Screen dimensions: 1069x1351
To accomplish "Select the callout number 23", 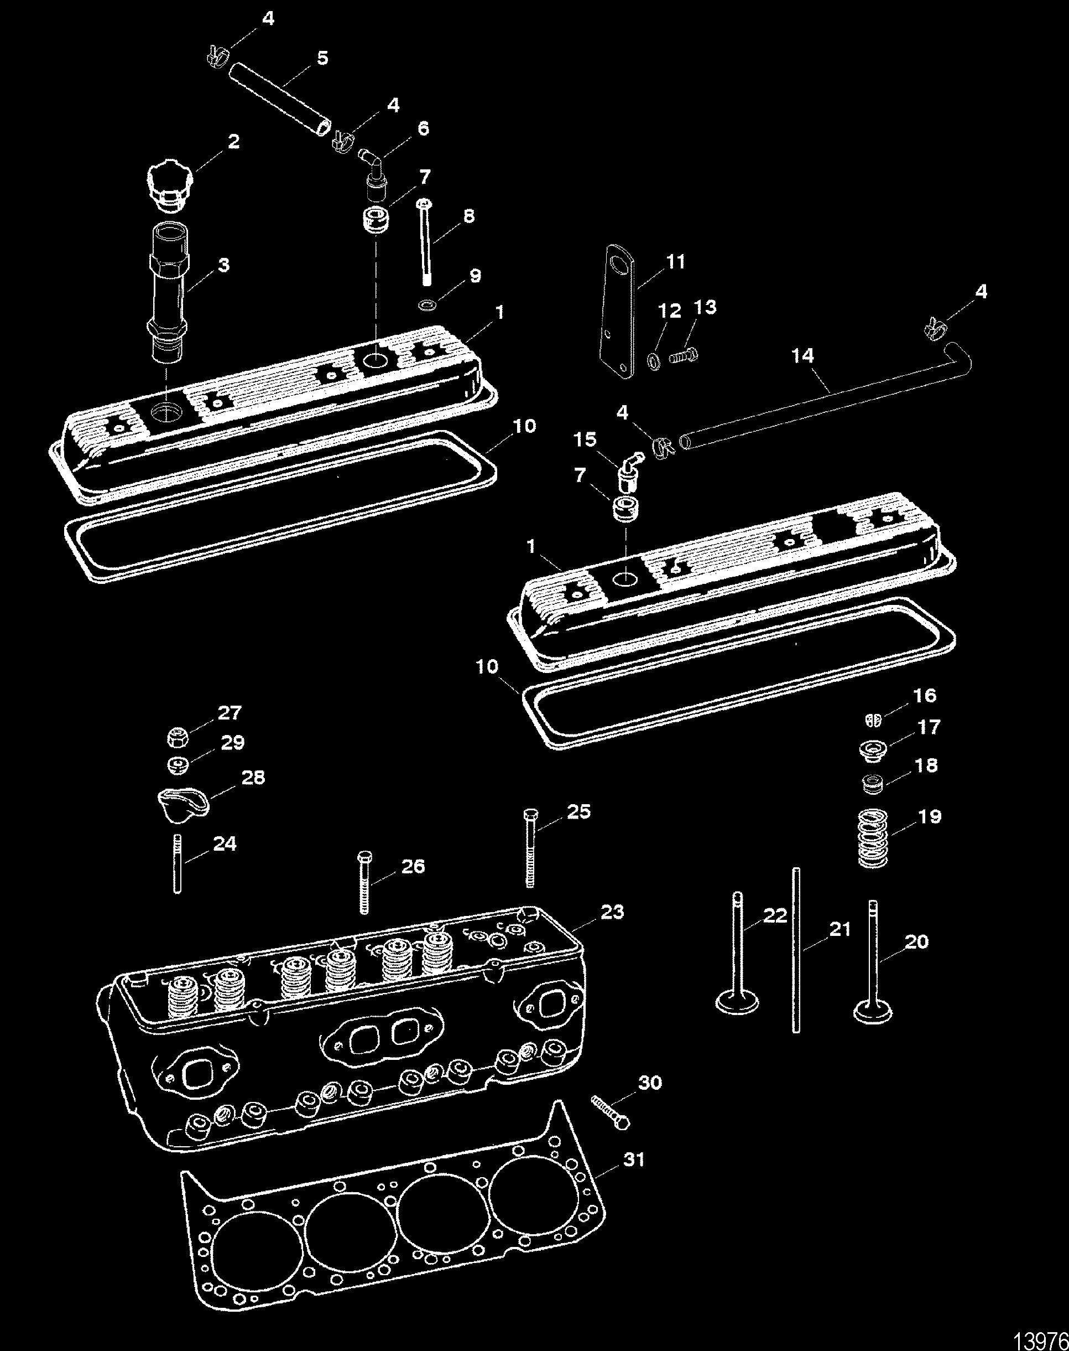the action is tap(612, 913).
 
